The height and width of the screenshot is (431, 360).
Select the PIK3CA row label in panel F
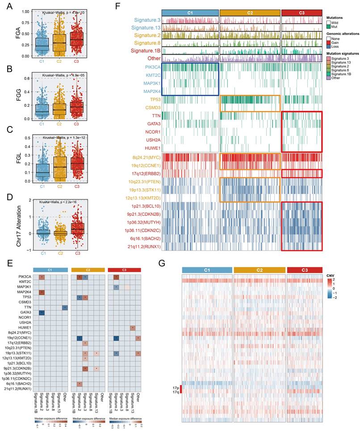click(x=150, y=67)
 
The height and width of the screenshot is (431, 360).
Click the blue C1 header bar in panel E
click(x=50, y=270)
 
